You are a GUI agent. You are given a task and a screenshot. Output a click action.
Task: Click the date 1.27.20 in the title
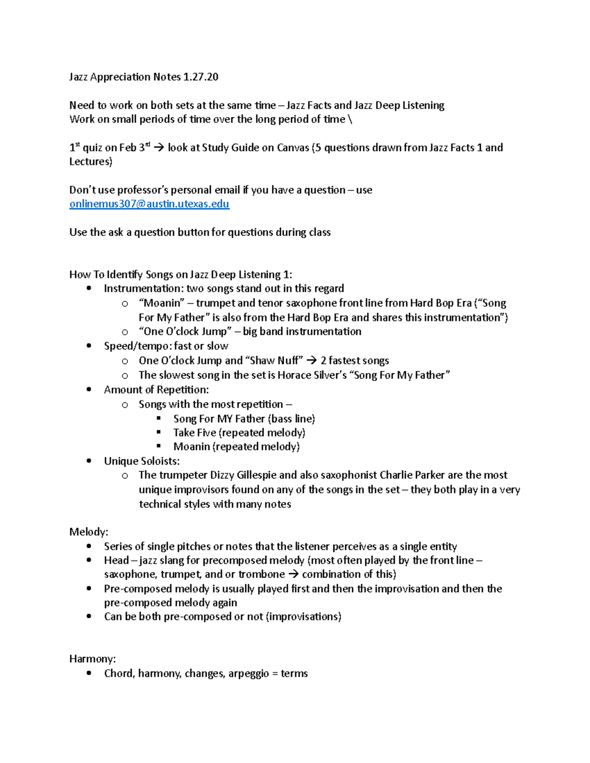(x=201, y=77)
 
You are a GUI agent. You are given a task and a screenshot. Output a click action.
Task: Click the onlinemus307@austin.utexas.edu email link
(x=149, y=204)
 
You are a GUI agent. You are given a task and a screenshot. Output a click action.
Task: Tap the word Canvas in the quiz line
(x=293, y=147)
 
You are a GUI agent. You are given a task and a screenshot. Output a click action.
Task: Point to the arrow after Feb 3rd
(x=159, y=147)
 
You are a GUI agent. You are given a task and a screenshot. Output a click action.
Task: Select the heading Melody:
(x=88, y=532)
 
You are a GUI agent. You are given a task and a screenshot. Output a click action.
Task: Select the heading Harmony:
(x=92, y=658)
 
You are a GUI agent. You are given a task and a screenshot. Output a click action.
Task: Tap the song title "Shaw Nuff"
(x=274, y=361)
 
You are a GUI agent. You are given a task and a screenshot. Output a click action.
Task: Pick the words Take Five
(x=194, y=432)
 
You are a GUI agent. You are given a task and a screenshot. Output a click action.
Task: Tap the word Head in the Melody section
(x=116, y=560)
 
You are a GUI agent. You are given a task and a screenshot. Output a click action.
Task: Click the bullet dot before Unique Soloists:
(x=89, y=461)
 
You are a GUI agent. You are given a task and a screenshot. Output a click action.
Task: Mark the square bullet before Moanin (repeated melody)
(x=159, y=446)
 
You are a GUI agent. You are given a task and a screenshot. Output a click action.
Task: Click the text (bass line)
(x=291, y=419)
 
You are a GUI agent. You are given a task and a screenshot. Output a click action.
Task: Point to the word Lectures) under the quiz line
(x=90, y=162)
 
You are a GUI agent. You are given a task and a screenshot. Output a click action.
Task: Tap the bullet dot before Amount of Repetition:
(x=89, y=390)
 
